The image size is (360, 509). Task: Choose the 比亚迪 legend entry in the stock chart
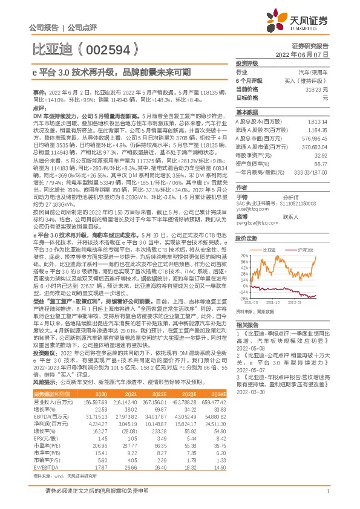point(272,248)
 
